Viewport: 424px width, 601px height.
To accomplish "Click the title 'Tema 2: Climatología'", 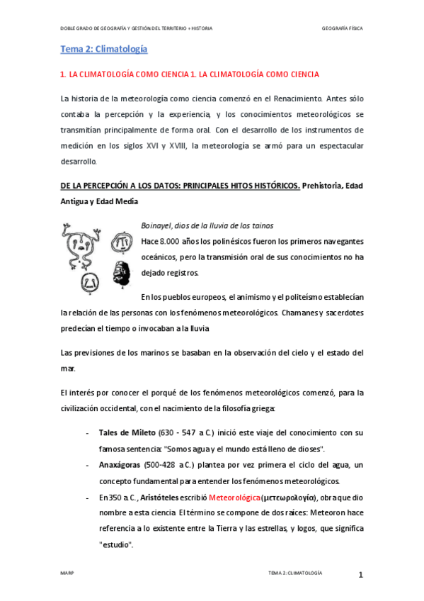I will (103, 49).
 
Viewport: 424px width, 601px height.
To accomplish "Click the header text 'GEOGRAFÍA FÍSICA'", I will (342, 28).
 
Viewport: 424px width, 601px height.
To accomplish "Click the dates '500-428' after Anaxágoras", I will (159, 465).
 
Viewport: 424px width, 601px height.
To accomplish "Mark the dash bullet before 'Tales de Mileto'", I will (86, 432).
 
